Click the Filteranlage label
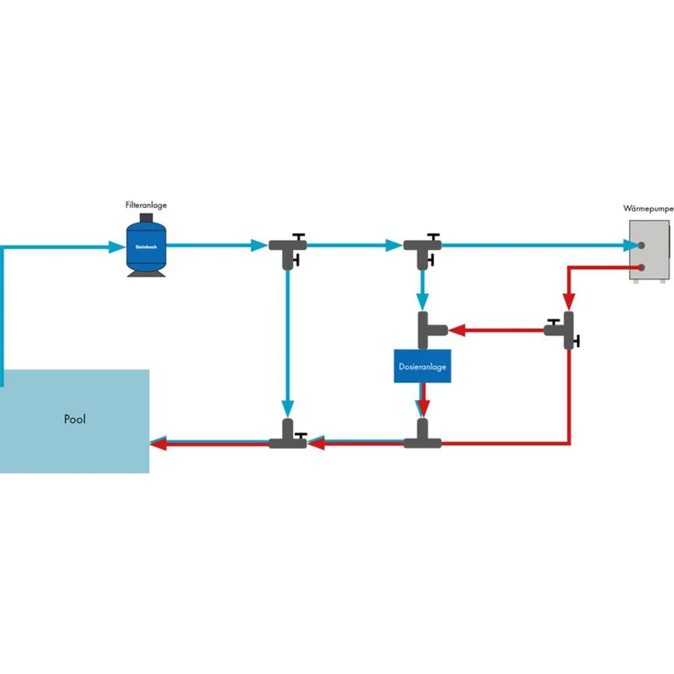(x=146, y=206)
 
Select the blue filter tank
(x=146, y=245)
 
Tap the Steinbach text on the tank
(x=146, y=246)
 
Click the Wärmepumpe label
(x=648, y=209)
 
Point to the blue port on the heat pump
(x=641, y=246)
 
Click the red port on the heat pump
(x=641, y=267)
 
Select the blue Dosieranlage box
(x=422, y=366)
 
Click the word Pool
(x=75, y=419)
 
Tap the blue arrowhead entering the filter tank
(x=118, y=245)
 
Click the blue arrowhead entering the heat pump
(x=631, y=245)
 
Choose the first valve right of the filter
(x=288, y=247)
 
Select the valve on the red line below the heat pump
(x=567, y=328)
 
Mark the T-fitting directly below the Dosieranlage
(x=422, y=437)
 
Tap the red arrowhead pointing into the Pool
(x=158, y=443)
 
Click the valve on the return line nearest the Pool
(x=288, y=437)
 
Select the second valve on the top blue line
(x=422, y=247)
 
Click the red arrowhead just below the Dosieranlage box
(x=422, y=408)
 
